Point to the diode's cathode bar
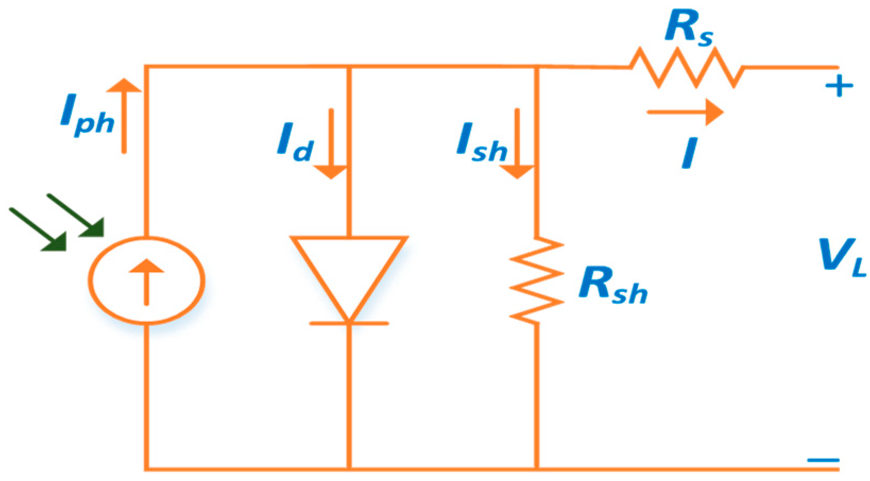pos(349,323)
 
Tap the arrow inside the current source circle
pos(147,281)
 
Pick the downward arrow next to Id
pos(331,143)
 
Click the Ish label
pos(481,143)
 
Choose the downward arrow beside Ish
pos(517,143)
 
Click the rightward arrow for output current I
pos(685,112)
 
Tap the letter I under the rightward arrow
pos(689,153)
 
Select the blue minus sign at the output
pos(824,460)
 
